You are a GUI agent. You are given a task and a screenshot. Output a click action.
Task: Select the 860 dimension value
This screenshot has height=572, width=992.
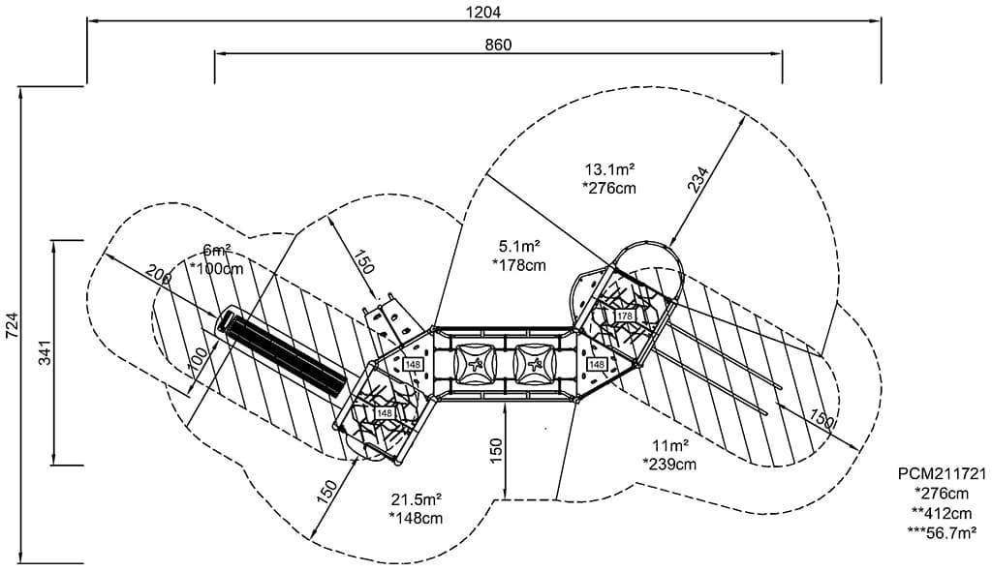[498, 45]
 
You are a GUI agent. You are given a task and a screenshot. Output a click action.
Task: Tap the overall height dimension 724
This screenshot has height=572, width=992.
[12, 325]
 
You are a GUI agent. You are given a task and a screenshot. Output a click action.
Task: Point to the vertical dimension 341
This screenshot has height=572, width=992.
[45, 352]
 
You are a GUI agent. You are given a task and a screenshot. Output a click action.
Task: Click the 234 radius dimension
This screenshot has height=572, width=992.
[699, 181]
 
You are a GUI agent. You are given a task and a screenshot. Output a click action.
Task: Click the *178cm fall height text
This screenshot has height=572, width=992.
[518, 263]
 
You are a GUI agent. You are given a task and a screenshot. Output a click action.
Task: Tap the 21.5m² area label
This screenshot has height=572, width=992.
[417, 499]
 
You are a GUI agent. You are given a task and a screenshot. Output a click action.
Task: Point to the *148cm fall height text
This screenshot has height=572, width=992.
[417, 518]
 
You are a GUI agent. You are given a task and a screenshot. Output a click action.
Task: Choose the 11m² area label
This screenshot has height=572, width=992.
[669, 445]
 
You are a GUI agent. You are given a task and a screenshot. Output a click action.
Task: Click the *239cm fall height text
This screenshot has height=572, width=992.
[669, 464]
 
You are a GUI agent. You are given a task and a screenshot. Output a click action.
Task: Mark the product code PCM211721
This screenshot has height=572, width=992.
[941, 475]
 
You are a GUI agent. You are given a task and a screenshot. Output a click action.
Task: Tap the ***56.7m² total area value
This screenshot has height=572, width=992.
[941, 531]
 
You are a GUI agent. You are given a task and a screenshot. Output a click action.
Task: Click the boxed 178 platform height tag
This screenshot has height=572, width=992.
[624, 316]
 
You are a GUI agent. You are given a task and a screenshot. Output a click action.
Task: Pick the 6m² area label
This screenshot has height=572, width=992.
[217, 249]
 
